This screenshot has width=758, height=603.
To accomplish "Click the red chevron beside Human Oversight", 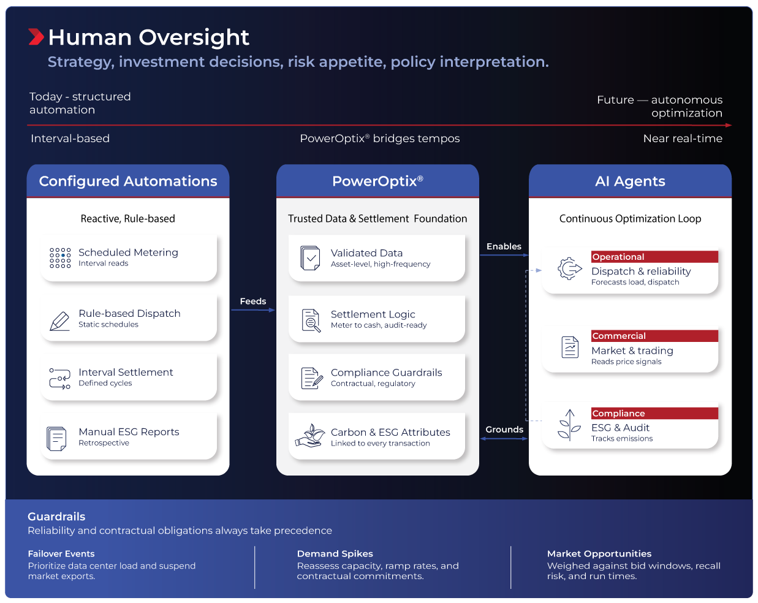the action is click(x=36, y=37).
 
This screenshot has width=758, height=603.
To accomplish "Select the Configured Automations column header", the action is click(x=128, y=181).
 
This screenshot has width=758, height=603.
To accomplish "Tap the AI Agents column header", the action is click(x=630, y=181).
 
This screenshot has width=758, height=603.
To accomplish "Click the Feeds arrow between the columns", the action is click(x=253, y=310).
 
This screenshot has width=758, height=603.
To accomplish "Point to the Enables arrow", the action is click(x=504, y=255).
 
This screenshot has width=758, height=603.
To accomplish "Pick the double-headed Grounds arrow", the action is click(x=504, y=439).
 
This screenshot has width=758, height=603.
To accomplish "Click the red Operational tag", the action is click(x=654, y=257).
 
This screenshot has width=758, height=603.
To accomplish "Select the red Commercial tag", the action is click(x=654, y=336).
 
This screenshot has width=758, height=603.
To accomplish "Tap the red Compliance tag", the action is click(x=654, y=413).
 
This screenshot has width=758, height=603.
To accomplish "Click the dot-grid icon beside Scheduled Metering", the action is click(x=60, y=258).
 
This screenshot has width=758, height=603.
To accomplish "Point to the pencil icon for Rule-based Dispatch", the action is click(x=59, y=321).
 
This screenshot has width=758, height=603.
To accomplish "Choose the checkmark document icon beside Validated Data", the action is click(x=310, y=258).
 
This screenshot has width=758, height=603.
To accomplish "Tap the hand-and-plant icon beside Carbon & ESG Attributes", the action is click(x=310, y=436).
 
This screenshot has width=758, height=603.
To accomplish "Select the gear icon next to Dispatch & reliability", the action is click(x=569, y=269).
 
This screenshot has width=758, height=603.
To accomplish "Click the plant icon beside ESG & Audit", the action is click(x=569, y=425).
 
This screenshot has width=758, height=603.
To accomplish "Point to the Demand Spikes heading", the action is click(x=335, y=553).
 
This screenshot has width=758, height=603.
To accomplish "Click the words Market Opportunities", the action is click(x=599, y=553).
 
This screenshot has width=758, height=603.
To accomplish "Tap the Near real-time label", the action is click(x=683, y=138).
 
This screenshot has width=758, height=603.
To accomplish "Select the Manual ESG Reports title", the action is click(x=129, y=431).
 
